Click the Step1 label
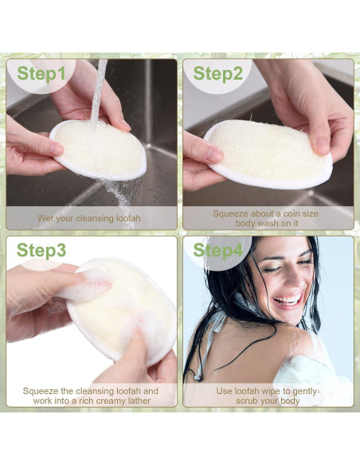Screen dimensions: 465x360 (41, 74)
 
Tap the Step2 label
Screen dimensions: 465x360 (217, 74)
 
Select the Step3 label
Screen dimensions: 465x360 (41, 250)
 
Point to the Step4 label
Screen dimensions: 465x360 (217, 250)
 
